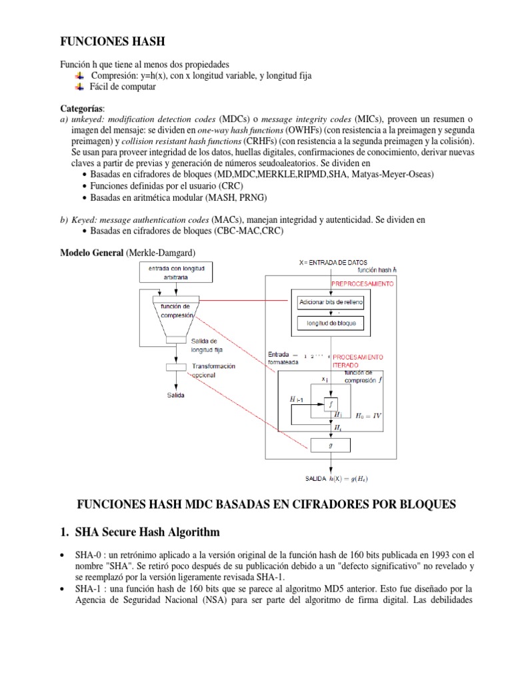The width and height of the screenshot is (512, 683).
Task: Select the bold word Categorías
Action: (x=82, y=108)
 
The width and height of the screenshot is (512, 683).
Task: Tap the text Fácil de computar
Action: (x=123, y=87)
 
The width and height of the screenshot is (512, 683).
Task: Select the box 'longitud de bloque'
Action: (x=331, y=323)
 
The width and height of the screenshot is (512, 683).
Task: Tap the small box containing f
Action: (x=331, y=403)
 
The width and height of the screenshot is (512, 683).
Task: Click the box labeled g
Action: (x=330, y=444)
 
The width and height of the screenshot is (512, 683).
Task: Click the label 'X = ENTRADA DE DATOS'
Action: (x=333, y=262)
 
